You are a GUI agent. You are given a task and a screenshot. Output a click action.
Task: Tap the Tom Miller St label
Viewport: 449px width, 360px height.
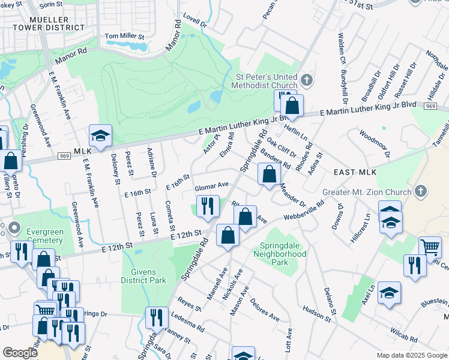[125, 37]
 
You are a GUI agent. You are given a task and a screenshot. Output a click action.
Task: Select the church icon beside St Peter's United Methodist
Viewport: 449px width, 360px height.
[306, 80]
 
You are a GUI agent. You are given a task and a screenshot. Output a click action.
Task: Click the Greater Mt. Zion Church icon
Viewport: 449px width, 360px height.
[421, 192]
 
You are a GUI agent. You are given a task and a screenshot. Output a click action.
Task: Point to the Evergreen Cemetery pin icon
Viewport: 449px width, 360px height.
[15, 229]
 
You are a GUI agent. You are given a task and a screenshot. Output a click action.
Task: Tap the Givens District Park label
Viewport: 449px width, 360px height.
[143, 276]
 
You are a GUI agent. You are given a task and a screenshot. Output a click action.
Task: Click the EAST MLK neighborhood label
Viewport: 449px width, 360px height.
[355, 172]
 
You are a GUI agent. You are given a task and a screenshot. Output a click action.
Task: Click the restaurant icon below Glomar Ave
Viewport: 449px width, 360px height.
[207, 206]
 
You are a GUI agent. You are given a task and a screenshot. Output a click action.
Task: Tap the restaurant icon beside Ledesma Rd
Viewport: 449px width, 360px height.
[157, 316]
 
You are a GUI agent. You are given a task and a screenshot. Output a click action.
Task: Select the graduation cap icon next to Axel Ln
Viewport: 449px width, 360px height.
[389, 293]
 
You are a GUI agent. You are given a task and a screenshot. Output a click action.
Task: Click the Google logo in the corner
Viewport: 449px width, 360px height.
[20, 353]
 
